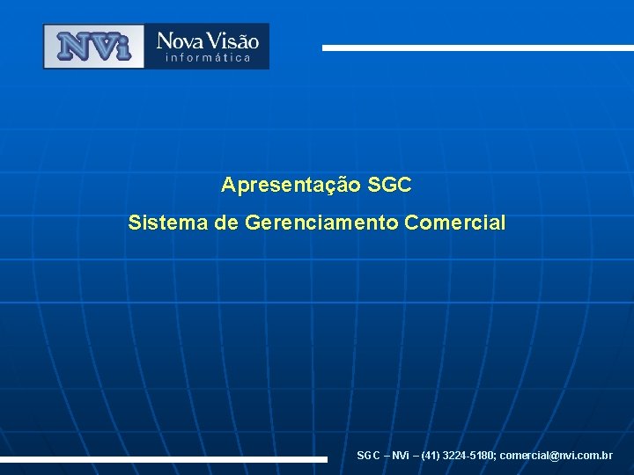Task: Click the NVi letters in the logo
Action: pyautogui.click(x=93, y=46)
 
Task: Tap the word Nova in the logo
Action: pyautogui.click(x=180, y=40)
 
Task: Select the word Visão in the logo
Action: pyautogui.click(x=232, y=40)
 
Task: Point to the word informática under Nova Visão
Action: pyautogui.click(x=208, y=58)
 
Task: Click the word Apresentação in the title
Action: pyautogui.click(x=291, y=186)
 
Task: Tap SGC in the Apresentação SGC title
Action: pyautogui.click(x=389, y=186)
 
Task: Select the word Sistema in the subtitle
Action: pyautogui.click(x=167, y=223)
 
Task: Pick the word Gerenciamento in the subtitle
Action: pyautogui.click(x=321, y=223)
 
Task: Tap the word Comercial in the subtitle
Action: pyautogui.click(x=455, y=223)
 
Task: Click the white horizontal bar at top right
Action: pyautogui.click(x=477, y=47)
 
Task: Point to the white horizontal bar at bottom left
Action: pyautogui.click(x=163, y=459)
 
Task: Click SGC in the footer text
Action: pyautogui.click(x=368, y=456)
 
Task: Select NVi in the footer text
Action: pyautogui.click(x=400, y=456)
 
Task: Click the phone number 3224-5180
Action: pyautogui.click(x=468, y=456)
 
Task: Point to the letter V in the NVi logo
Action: pyautogui.click(x=100, y=46)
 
